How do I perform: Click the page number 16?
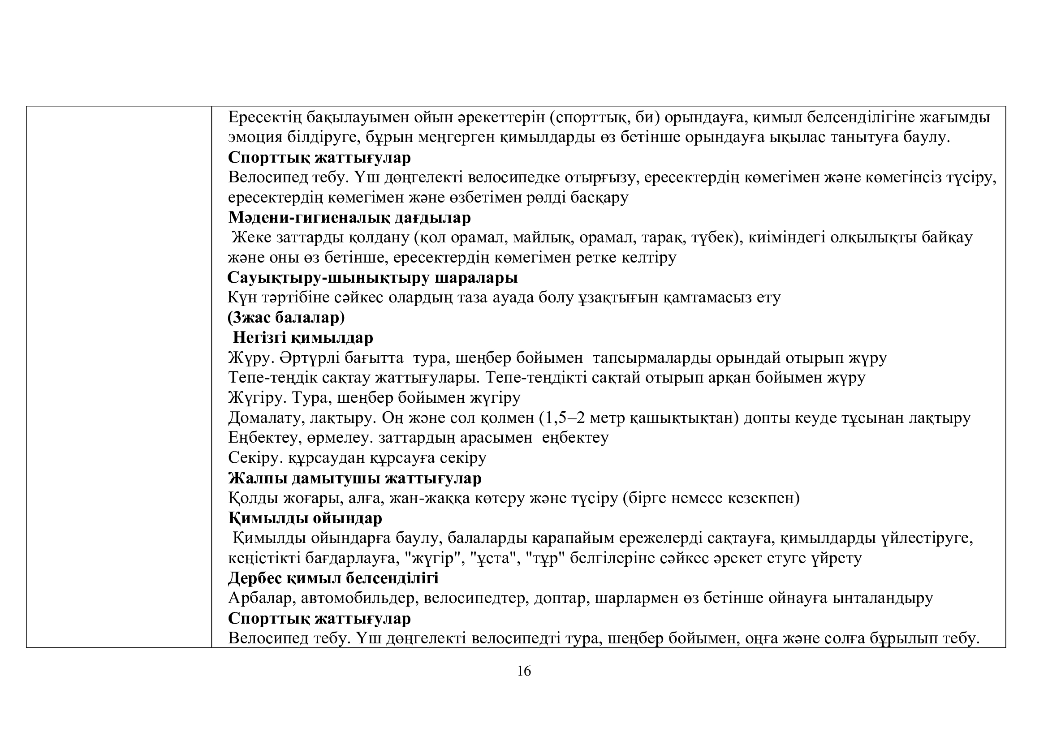coord(524,671)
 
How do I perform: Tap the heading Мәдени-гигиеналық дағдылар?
coord(349,218)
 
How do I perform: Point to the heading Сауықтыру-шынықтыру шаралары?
coord(372,278)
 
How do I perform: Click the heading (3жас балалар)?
coord(286,318)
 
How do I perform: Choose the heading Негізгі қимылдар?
coord(302,338)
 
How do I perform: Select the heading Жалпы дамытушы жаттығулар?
coord(355,478)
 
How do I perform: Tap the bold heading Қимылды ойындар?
coord(305,518)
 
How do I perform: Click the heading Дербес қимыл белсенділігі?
coord(333,578)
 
